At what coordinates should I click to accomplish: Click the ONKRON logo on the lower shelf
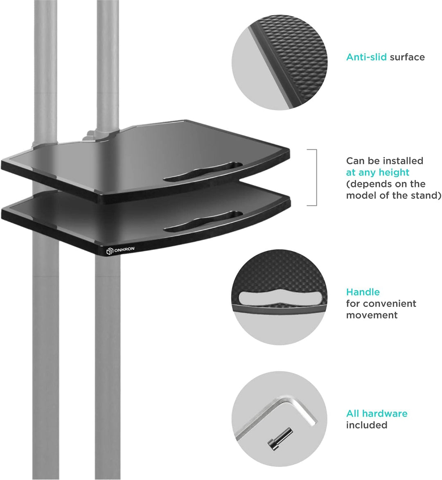point(120,250)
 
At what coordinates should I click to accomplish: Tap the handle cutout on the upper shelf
point(203,171)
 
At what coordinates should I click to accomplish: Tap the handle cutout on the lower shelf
point(203,221)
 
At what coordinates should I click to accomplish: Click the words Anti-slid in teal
point(366,57)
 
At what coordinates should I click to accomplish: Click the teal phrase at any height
point(377,172)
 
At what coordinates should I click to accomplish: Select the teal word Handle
point(363,292)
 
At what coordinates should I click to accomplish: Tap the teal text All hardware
point(377,413)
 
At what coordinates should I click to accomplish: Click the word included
point(367,425)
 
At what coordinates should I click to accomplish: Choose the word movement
point(372,315)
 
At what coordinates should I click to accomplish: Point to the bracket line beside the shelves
point(316,178)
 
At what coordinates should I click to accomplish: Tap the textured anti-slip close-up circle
point(280,62)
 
